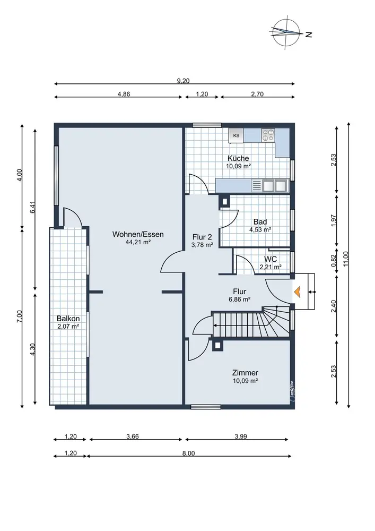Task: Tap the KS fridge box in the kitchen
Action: click(237, 135)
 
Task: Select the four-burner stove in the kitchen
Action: click(268, 135)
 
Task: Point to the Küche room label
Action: click(238, 158)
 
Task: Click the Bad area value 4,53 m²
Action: click(260, 229)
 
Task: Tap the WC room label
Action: click(270, 259)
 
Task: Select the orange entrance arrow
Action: click(297, 292)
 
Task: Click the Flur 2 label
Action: click(202, 237)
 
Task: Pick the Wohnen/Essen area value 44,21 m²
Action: click(138, 242)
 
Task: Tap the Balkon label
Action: click(68, 318)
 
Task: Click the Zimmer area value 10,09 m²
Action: click(245, 381)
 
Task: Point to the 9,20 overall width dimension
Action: click(184, 81)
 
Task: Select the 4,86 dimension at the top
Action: click(124, 94)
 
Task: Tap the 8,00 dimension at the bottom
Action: click(189, 453)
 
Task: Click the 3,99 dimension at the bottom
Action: click(241, 436)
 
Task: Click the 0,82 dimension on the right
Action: click(334, 260)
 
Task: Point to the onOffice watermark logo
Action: click(292, 391)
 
